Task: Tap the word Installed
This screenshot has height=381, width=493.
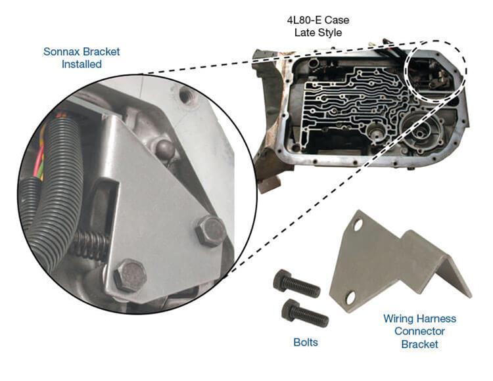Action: (82, 64)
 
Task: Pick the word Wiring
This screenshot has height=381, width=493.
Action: (400, 319)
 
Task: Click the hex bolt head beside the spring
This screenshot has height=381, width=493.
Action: (129, 277)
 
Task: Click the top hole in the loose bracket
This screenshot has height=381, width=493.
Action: (357, 227)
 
